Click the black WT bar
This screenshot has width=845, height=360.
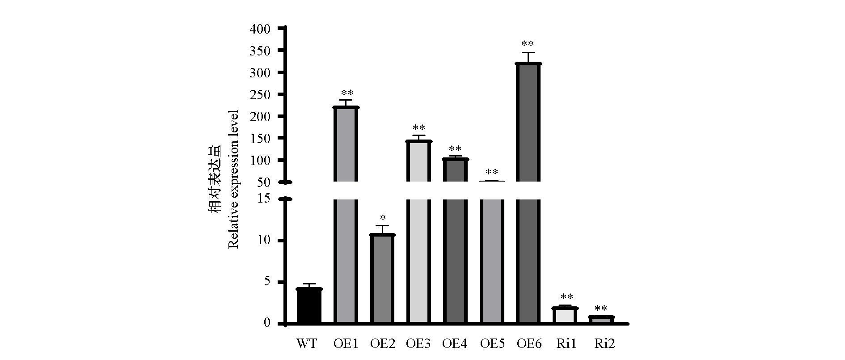point(309,306)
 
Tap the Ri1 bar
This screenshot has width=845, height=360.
point(565,315)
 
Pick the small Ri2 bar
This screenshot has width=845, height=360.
point(601,319)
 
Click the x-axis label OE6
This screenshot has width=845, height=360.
point(529,344)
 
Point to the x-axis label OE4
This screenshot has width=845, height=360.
point(455,344)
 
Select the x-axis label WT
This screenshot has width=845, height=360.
point(307,344)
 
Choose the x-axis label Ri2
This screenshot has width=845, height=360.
point(604,344)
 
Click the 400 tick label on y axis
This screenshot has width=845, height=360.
point(261,29)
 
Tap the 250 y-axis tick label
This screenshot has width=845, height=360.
point(261,95)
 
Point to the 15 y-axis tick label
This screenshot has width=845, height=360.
point(265,199)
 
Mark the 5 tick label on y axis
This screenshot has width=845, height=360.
point(267,282)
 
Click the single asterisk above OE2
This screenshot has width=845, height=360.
point(383,218)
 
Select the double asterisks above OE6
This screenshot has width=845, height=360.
point(528,44)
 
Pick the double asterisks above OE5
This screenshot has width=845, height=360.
point(492,172)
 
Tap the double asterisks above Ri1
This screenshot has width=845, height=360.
point(567,296)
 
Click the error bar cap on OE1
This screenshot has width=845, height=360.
point(346,100)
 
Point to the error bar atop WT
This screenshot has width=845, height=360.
point(309,284)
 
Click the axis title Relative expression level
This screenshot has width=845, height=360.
point(233,179)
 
